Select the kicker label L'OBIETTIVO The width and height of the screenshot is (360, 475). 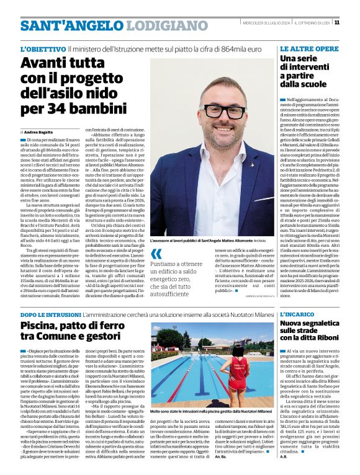(43, 48)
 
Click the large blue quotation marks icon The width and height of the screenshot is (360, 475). (156, 252)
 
